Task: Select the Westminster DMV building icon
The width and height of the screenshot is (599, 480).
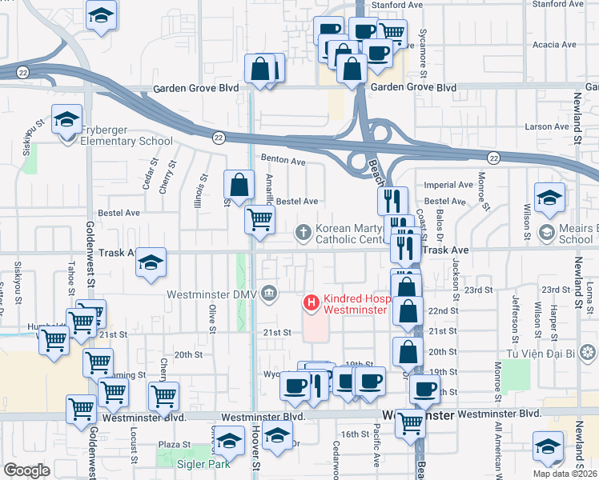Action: click(x=269, y=294)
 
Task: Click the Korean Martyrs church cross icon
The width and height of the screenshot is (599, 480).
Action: click(x=304, y=233)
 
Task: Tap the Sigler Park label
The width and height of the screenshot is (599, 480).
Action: click(x=205, y=463)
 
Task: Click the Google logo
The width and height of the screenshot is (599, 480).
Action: click(x=26, y=470)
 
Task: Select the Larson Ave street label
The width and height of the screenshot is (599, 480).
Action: click(x=549, y=126)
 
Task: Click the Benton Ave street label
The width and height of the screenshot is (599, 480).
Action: click(x=283, y=161)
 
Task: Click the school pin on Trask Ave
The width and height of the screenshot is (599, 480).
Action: click(x=151, y=262)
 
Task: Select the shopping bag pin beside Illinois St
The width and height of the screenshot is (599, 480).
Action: click(x=239, y=186)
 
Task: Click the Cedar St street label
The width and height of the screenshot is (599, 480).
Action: click(x=147, y=178)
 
